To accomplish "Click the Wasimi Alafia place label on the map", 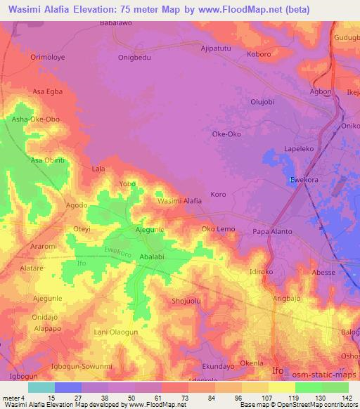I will (179, 201).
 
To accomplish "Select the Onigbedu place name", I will (135, 58).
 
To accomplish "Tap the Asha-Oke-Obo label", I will (35, 119).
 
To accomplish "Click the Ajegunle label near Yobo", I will (149, 231).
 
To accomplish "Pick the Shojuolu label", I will (186, 301).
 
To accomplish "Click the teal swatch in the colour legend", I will (41, 387).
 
